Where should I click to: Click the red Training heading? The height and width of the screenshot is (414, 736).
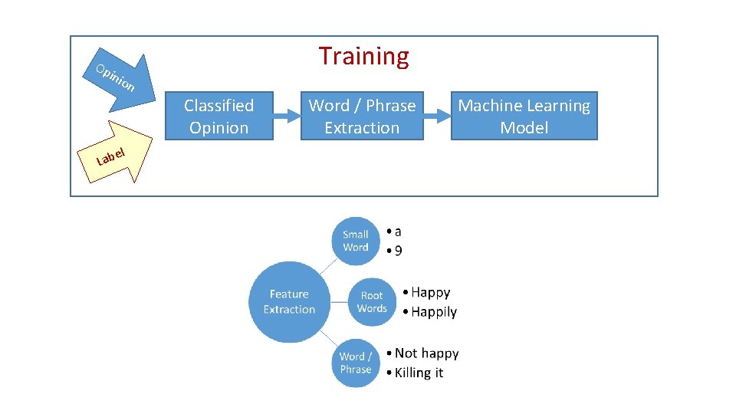pyautogui.click(x=364, y=56)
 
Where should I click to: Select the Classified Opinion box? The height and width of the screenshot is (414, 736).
pyautogui.click(x=219, y=117)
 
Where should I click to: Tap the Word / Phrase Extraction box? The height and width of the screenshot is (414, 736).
pyautogui.click(x=362, y=117)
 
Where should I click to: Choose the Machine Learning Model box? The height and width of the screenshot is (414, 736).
pyautogui.click(x=524, y=117)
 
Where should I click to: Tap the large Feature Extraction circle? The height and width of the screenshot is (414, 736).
pyautogui.click(x=289, y=301)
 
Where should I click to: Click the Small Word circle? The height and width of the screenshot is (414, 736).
pyautogui.click(x=356, y=241)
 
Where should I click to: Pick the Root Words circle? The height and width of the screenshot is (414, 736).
pyautogui.click(x=372, y=301)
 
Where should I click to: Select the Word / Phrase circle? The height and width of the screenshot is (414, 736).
pyautogui.click(x=356, y=363)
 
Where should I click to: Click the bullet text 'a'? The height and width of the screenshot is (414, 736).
pyautogui.click(x=397, y=231)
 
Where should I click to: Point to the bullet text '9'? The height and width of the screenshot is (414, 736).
pyautogui.click(x=398, y=251)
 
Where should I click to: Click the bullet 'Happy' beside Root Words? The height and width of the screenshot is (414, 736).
pyautogui.click(x=430, y=292)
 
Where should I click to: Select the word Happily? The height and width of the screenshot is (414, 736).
pyautogui.click(x=433, y=312)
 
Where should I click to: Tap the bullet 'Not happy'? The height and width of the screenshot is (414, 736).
pyautogui.click(x=426, y=353)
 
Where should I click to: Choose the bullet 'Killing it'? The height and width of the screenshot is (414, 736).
pyautogui.click(x=419, y=373)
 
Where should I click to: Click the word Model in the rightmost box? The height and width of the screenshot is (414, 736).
pyautogui.click(x=524, y=128)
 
